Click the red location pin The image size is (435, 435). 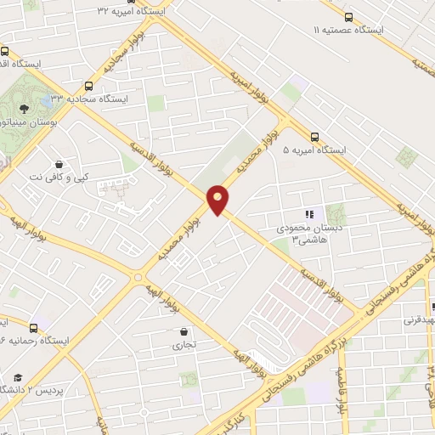pos(218,200)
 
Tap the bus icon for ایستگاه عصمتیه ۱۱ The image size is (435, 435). pos(349,17)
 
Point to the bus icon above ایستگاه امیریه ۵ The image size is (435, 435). pos(315,136)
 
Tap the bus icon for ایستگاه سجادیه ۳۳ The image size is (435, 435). pos(89,86)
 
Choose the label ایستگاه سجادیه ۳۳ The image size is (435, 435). pos(89,99)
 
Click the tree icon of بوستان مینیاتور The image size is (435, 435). pos(25,109)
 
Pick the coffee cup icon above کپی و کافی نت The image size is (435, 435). pos(59,164)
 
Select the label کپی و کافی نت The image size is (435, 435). pos(59,177)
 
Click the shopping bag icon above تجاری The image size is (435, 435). pos(184,332)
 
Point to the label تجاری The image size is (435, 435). pos(184,346)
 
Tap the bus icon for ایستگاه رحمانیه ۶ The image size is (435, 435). pos(33,328)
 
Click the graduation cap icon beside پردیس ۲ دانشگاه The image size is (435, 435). pos(18,378)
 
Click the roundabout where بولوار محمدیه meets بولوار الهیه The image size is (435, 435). pos(138,276)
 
